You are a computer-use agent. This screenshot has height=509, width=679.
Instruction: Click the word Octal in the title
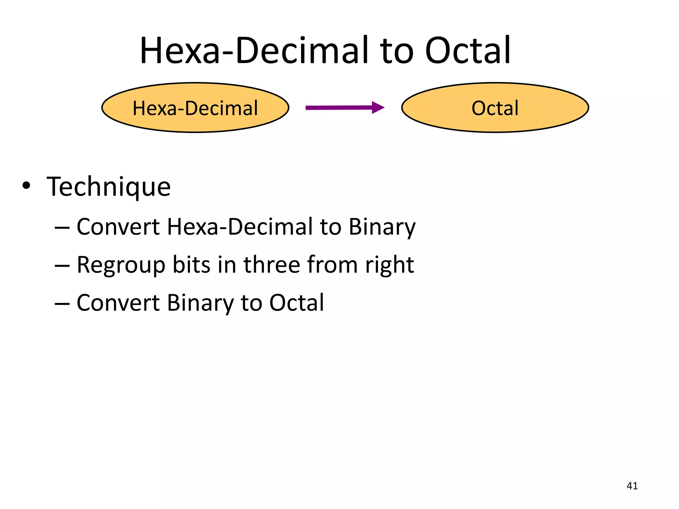tap(467, 50)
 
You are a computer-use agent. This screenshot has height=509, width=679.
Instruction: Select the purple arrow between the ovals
tap(345, 107)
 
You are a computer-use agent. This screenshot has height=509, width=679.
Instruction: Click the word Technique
tap(108, 187)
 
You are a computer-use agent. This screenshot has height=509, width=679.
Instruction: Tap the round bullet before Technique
tap(26, 186)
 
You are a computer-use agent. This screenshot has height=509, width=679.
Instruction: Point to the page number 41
tap(632, 486)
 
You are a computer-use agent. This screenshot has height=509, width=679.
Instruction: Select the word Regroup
tap(121, 265)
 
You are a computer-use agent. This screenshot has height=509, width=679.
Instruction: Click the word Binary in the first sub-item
tap(382, 227)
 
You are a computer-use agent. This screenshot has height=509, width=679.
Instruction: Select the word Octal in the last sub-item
tap(296, 303)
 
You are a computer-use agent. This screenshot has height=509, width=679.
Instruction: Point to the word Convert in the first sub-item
tap(118, 227)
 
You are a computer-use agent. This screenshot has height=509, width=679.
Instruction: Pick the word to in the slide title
tap(397, 51)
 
